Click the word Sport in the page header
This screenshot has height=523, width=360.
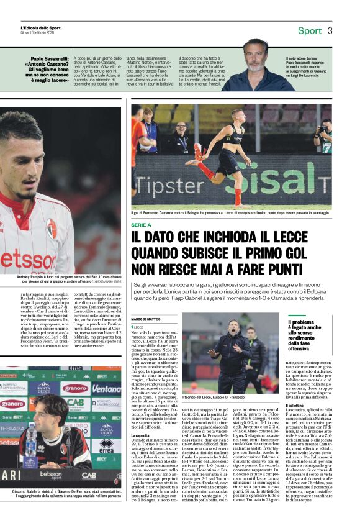coord(309,30)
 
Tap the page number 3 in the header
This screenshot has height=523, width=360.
coord(330,30)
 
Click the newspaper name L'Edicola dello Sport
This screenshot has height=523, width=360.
coord(40,27)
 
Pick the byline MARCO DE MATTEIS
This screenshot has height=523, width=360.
coord(146,319)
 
